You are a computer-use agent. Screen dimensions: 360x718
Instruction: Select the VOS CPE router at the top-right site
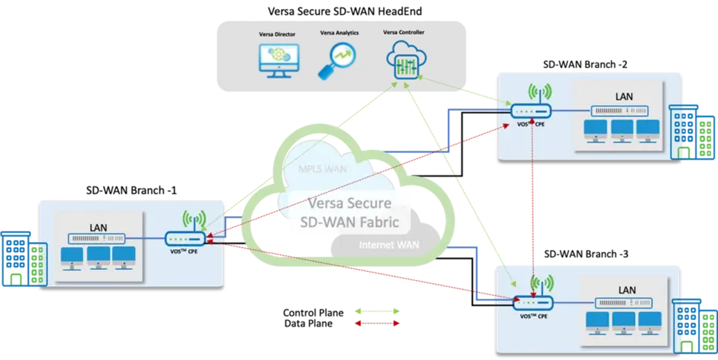531,112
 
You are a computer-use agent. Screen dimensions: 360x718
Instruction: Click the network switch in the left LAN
98,239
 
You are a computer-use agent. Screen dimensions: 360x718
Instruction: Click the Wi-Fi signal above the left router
193,220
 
